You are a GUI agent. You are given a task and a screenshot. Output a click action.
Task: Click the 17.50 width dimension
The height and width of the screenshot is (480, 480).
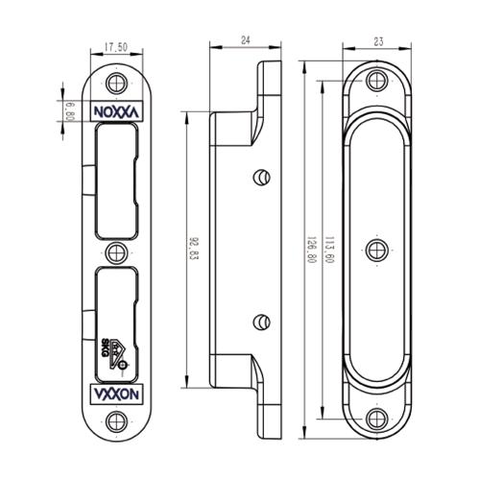click(116, 44)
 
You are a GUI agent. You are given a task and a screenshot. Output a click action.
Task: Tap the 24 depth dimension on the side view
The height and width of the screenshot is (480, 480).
click(245, 41)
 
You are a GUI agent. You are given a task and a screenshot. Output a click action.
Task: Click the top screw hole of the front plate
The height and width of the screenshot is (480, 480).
click(117, 82)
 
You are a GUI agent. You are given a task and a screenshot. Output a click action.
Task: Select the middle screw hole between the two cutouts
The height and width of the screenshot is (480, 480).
click(116, 252)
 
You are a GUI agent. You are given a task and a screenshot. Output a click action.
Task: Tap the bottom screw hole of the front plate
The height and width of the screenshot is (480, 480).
click(117, 421)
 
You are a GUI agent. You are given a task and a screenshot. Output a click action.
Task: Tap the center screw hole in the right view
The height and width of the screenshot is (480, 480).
click(377, 251)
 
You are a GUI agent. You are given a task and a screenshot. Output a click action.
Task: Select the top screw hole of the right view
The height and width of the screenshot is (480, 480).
click(377, 82)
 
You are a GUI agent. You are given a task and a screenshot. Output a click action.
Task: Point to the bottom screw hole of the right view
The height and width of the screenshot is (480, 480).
click(377, 420)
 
